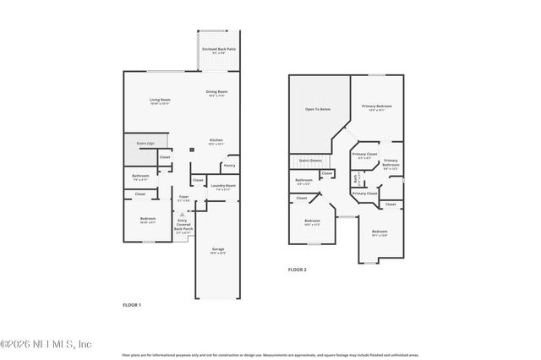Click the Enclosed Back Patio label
coord(218,49)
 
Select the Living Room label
coord(161,101)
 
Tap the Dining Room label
coord(216,91)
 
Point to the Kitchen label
coord(216,140)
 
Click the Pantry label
coord(229,166)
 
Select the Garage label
coord(217,248)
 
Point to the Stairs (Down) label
coord(311,160)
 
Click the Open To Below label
coord(317,109)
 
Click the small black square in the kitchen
coord(193,149)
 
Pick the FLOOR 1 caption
coord(132,304)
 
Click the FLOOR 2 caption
coord(297,269)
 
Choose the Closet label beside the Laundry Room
coord(198,180)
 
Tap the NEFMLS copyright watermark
coord(46,344)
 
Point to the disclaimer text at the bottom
coord(270,356)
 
